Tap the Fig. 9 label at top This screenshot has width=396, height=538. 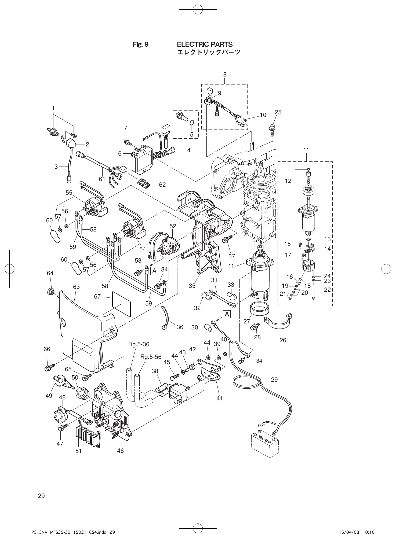(x=140, y=45)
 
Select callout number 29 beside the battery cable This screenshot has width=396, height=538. (x=274, y=379)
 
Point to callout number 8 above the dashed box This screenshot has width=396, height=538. (x=225, y=75)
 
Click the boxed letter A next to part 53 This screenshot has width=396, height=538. (x=154, y=271)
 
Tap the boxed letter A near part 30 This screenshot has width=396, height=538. (x=227, y=314)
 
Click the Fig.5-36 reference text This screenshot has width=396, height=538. (x=139, y=344)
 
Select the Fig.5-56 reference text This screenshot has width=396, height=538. (x=151, y=357)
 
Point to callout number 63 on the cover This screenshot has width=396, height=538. (x=76, y=287)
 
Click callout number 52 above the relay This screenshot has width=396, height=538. (x=173, y=226)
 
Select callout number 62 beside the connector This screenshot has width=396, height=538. (x=162, y=185)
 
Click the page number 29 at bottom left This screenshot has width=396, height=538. (x=41, y=496)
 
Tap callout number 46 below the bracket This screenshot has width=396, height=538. (x=120, y=451)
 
